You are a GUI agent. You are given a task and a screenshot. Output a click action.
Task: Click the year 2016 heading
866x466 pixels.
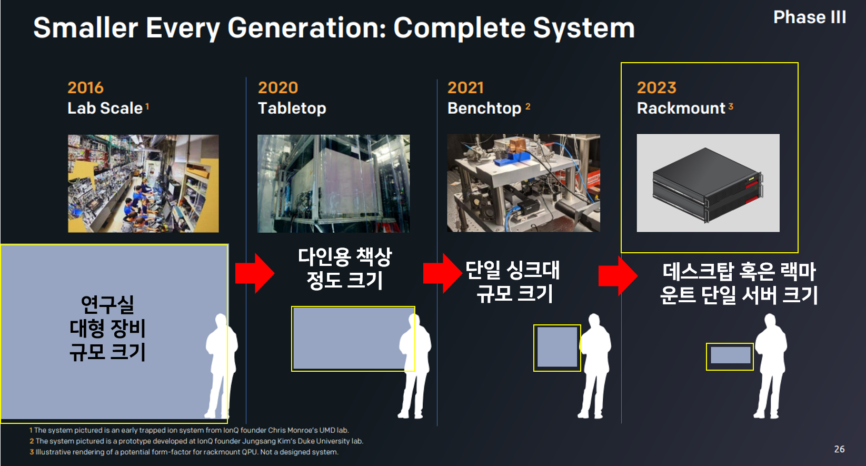tap(85, 88)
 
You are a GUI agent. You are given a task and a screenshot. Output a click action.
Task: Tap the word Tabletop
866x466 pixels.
tap(292, 108)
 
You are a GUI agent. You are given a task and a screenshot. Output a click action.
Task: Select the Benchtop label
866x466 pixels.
tap(484, 108)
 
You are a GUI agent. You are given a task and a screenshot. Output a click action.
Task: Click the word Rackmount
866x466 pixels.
tap(681, 108)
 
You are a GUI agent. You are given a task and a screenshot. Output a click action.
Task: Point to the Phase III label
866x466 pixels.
tap(810, 17)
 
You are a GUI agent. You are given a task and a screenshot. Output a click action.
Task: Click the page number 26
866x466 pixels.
tap(839, 449)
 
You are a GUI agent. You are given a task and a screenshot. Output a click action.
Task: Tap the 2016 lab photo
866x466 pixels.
tap(143, 183)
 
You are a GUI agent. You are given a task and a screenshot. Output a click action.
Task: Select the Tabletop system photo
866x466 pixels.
tap(334, 183)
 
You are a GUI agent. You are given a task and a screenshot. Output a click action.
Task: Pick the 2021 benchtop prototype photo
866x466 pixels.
tap(523, 183)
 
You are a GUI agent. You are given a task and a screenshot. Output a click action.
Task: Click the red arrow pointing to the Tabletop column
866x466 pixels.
tap(255, 273)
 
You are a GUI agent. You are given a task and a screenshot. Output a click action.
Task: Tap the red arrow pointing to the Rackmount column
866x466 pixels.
tap(618, 276)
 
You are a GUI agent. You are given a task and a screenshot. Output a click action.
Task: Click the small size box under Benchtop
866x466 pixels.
tap(557, 348)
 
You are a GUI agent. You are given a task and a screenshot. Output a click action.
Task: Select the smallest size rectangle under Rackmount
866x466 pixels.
tap(730, 356)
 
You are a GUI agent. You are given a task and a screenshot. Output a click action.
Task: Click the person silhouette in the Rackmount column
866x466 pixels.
tap(771, 366)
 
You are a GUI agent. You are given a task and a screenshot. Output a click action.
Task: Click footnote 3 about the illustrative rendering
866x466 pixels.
tap(184, 452)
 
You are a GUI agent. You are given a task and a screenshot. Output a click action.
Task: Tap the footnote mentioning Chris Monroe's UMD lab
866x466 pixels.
tap(189, 430)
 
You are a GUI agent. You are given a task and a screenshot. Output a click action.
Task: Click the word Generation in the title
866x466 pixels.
tap(307, 28)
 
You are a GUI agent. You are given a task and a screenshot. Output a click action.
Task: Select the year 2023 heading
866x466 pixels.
tap(656, 88)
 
